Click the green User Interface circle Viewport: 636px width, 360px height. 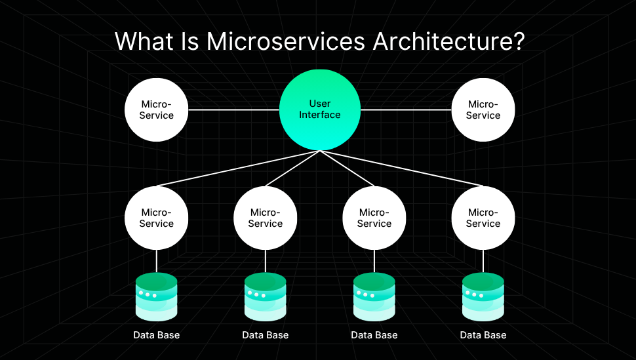pos(320,110)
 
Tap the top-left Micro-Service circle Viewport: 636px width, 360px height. pos(157,110)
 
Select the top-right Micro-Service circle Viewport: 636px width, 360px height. pos(483,110)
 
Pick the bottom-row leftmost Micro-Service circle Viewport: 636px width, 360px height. pos(157,218)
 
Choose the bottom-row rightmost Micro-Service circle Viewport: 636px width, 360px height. pos(483,218)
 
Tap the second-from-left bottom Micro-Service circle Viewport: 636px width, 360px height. pos(266,218)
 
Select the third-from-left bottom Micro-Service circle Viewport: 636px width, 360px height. pos(374,218)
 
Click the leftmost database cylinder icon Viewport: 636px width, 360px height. pos(157,296)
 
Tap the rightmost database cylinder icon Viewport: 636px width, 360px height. pos(483,296)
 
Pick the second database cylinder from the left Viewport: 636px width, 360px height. pos(266,296)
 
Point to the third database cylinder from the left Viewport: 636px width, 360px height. pos(374,296)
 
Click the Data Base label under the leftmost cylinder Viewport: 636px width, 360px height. pos(157,335)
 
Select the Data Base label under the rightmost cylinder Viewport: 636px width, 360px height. pos(483,335)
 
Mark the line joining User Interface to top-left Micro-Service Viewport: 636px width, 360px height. pos(234,110)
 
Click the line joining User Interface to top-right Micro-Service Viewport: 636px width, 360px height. pos(406,110)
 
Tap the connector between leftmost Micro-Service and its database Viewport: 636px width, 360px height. pos(157,261)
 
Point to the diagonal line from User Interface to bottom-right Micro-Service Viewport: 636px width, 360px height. pos(400,169)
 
